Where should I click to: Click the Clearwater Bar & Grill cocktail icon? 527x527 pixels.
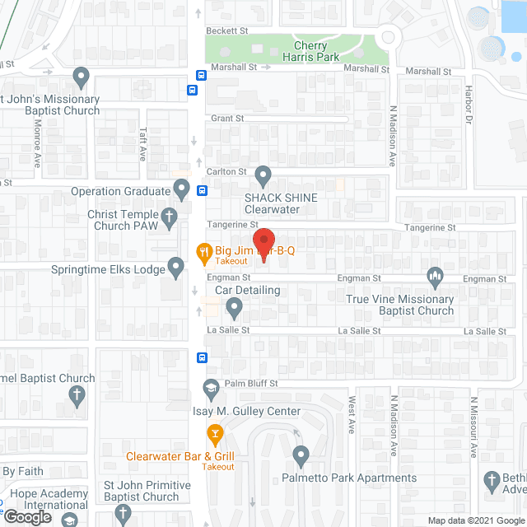(x=214, y=432)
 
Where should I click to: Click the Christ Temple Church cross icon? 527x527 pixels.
(x=169, y=219)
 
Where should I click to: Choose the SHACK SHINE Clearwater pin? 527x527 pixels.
(x=263, y=175)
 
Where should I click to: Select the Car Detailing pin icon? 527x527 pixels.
(x=234, y=309)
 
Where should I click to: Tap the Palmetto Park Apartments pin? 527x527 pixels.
(x=301, y=455)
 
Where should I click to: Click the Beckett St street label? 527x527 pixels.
(x=227, y=30)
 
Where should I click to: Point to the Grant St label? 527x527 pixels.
(x=227, y=119)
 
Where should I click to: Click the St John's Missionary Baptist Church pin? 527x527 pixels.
(x=81, y=78)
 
